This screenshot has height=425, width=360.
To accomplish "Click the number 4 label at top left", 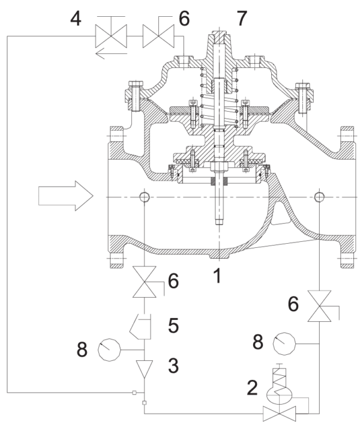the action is click(76, 19).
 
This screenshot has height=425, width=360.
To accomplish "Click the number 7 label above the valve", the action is click(241, 19).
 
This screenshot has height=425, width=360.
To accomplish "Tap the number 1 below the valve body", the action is click(217, 276).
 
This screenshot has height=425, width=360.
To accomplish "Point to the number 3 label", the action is click(173, 366).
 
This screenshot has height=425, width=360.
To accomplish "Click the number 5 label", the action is click(173, 325).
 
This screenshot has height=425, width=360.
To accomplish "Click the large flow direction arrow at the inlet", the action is click(66, 196).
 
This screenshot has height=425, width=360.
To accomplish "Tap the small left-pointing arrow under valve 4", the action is click(111, 53).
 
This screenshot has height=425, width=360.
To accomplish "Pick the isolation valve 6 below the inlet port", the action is click(145, 282).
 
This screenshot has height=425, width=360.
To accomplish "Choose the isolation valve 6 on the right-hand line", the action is click(319, 306).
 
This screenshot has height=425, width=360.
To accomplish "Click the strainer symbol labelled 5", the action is click(140, 327).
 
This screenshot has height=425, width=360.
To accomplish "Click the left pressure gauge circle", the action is click(109, 349).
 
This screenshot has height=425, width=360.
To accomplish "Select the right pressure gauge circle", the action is click(284, 344).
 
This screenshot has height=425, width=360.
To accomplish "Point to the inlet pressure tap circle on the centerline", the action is click(145, 197).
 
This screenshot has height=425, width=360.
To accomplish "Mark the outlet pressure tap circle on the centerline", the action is click(319, 197).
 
